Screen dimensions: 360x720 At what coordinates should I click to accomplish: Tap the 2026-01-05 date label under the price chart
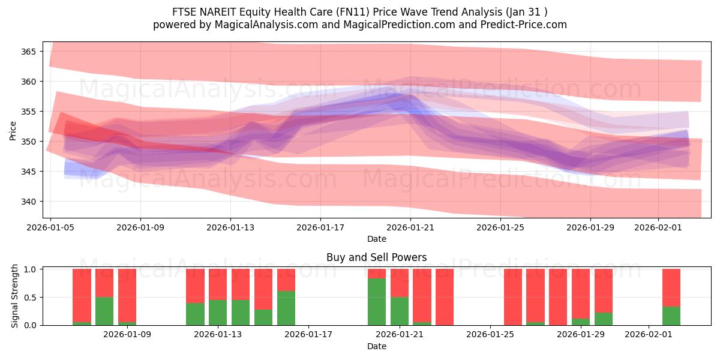50,227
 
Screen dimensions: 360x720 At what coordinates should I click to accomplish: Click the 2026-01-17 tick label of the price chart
320,227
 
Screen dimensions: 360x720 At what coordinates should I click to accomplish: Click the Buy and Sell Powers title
376,257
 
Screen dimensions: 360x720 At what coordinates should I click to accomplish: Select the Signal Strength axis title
16,297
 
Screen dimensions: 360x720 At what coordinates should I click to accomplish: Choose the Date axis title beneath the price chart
376,239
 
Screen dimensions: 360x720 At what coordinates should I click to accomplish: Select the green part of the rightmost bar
671,316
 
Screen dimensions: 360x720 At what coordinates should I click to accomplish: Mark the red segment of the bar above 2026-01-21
400,283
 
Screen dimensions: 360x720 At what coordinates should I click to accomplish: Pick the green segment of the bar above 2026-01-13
218,313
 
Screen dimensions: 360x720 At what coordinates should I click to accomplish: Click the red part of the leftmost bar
82,295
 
